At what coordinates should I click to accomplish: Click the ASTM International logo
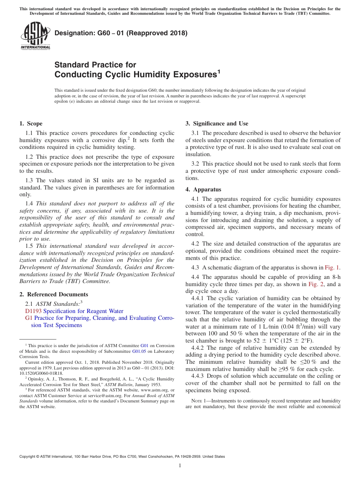(35, 36)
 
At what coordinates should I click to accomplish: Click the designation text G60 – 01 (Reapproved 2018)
(121, 33)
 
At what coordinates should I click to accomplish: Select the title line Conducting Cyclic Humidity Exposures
(135, 75)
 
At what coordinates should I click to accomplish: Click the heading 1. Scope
(31, 124)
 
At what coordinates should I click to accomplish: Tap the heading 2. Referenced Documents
(54, 294)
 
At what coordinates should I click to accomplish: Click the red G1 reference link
(28, 318)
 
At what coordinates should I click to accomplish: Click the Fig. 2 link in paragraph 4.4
(316, 284)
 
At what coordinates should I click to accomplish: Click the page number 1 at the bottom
(180, 466)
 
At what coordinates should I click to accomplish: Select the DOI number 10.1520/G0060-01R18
(41, 373)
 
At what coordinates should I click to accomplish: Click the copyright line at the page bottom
(122, 457)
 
